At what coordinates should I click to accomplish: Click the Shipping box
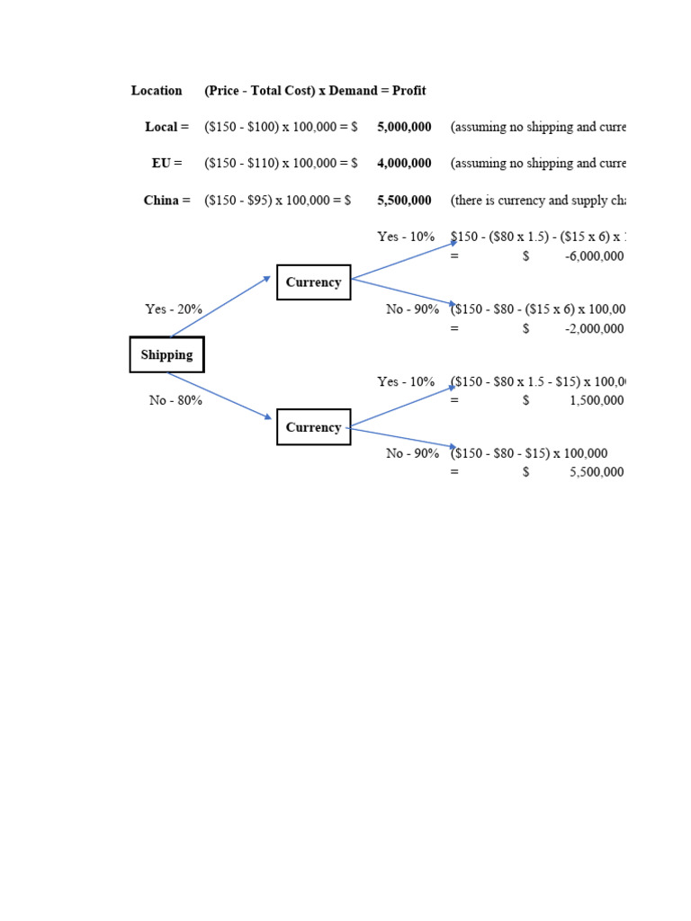[166, 354]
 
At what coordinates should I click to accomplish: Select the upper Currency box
[313, 282]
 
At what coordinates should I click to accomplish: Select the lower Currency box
[313, 427]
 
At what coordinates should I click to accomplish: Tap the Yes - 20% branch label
[174, 309]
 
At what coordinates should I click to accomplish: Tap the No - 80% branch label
[175, 400]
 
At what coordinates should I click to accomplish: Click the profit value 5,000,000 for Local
[404, 128]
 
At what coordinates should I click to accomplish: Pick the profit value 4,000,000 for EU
[404, 164]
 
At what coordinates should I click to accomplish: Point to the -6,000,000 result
[594, 256]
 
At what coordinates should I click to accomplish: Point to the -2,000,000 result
[594, 328]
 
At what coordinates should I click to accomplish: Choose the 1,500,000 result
[597, 400]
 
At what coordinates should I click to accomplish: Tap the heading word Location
[157, 91]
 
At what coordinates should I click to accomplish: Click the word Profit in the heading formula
[408, 91]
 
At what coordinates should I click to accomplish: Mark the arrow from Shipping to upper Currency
[220, 307]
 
